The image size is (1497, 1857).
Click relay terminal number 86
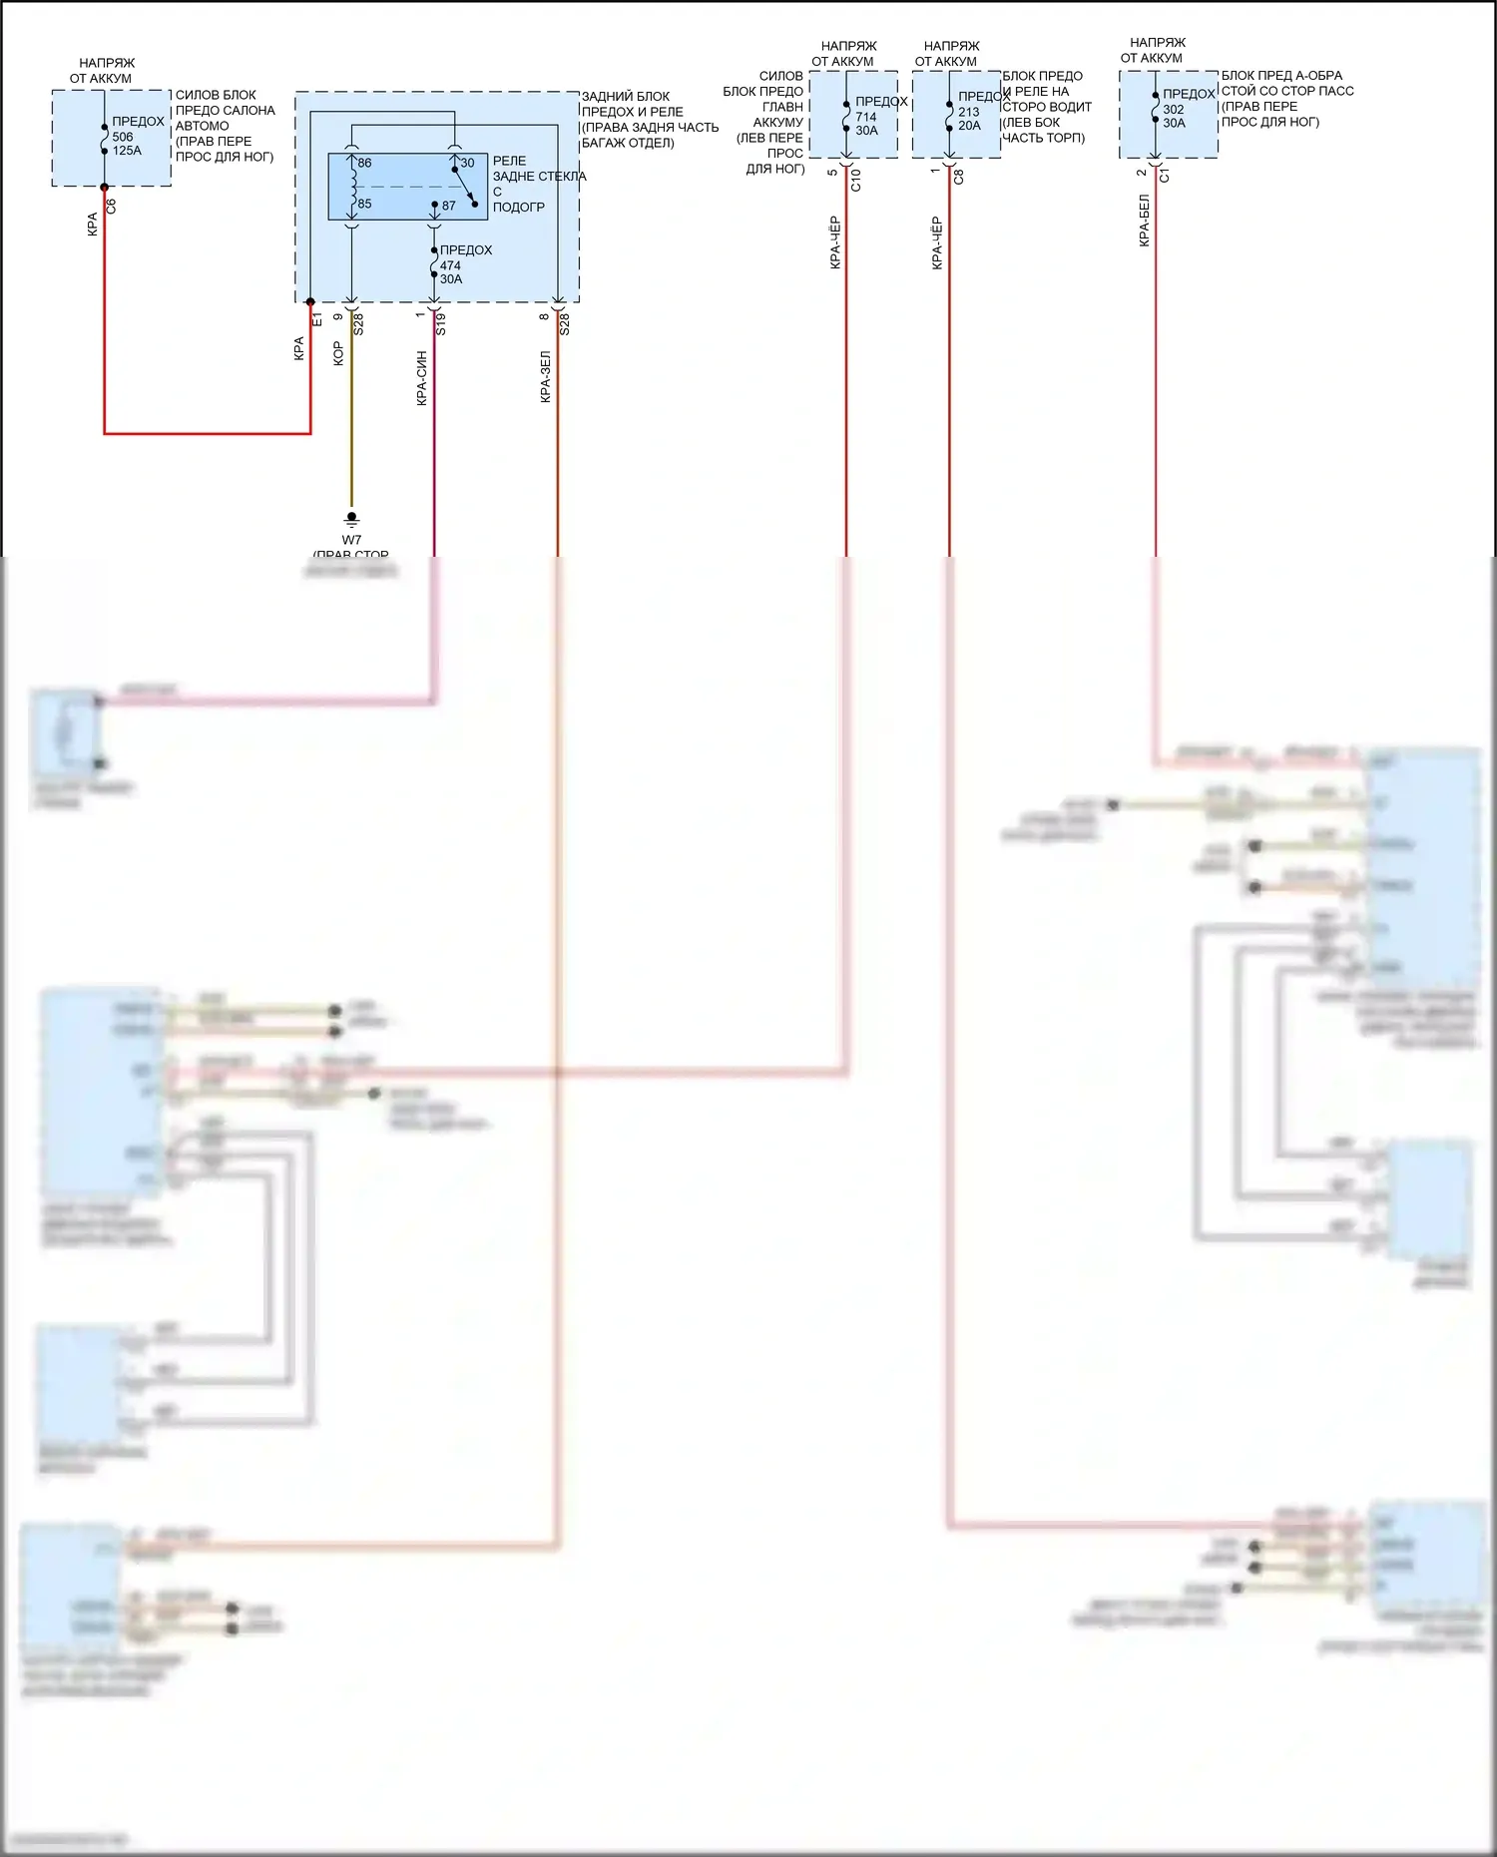[x=364, y=163]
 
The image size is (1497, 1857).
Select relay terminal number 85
[x=364, y=204]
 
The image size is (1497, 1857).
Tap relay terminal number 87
[x=448, y=206]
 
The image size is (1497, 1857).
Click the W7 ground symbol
[x=351, y=519]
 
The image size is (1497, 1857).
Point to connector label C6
[x=111, y=206]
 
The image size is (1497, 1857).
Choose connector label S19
[x=440, y=323]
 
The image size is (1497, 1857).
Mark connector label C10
[x=855, y=180]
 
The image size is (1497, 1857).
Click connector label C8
[x=959, y=177]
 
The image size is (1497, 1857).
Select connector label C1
[x=1165, y=175]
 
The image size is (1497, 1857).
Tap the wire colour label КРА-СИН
[x=422, y=378]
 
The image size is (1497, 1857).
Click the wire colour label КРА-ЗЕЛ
[x=546, y=376]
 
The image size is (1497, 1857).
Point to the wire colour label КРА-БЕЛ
[x=1145, y=221]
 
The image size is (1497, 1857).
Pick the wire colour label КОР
[x=338, y=353]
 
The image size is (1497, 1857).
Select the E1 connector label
[x=317, y=318]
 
